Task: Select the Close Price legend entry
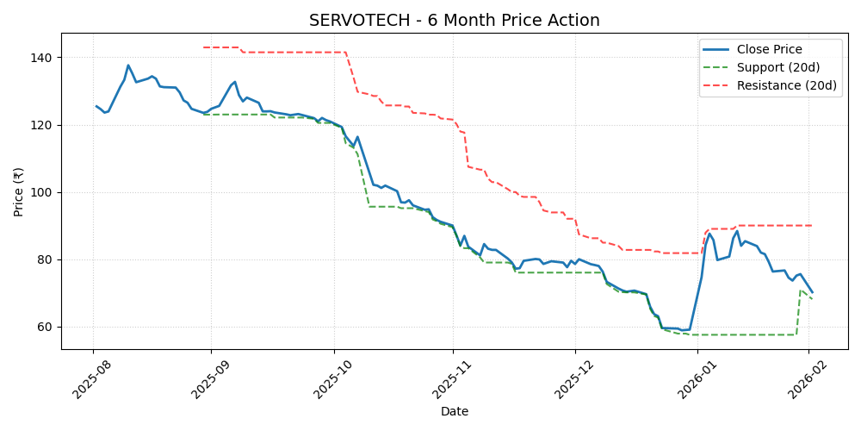point(776,49)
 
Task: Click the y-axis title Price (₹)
point(19,191)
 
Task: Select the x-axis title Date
point(455,412)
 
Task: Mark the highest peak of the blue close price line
point(128,65)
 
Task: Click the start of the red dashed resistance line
point(203,47)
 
